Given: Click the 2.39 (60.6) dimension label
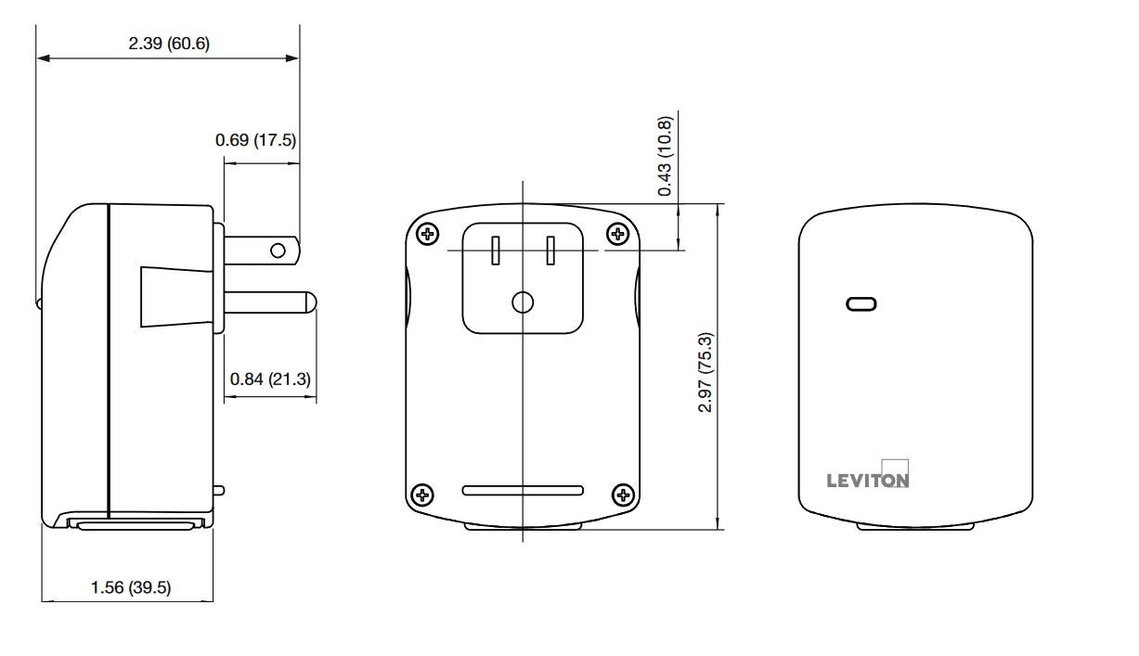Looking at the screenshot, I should point(168,44).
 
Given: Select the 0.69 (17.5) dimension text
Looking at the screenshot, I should point(255,140).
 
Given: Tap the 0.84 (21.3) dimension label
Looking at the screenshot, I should point(270,379).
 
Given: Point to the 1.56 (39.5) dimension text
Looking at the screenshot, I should point(130,586).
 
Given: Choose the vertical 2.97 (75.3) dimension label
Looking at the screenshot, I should point(705,372).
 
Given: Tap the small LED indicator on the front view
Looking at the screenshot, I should point(861,303).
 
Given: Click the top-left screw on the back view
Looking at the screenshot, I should point(427,233).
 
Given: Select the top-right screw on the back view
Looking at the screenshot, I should point(617,233).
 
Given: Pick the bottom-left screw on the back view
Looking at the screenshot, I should point(422,493).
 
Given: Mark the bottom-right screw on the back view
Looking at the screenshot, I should point(623,493).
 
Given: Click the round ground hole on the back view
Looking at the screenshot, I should point(523,302).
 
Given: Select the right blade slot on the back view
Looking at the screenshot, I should point(550,250).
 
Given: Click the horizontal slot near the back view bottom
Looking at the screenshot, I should point(523,490).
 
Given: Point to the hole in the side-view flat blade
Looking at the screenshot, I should point(278,251).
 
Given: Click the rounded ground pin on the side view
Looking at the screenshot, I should point(269,302).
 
